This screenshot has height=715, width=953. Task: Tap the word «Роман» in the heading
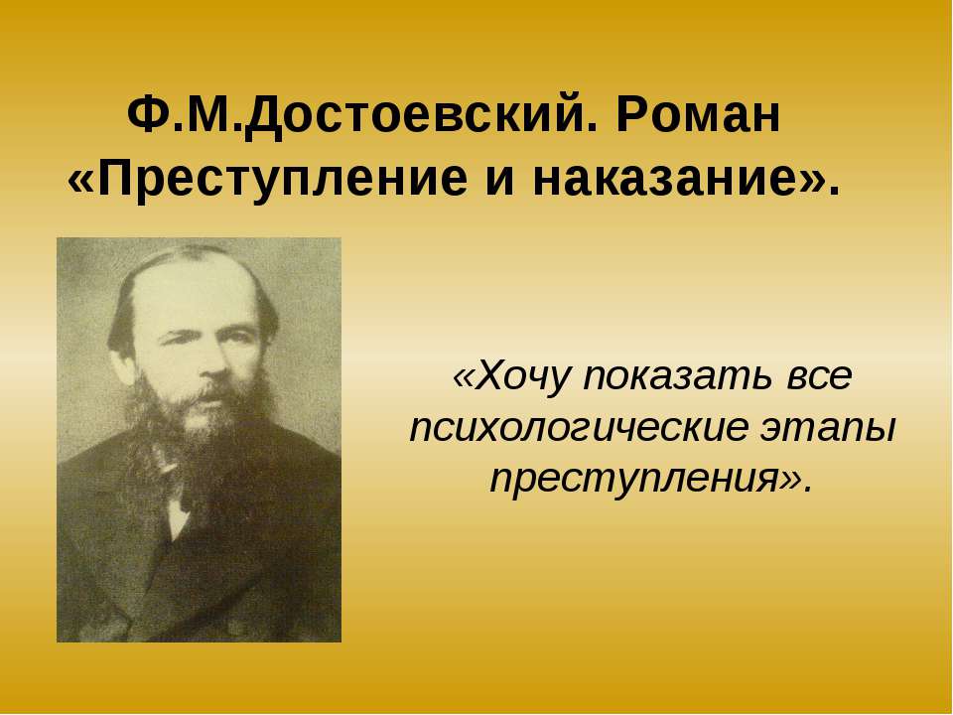click(x=698, y=115)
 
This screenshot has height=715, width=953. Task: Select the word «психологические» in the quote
click(x=579, y=429)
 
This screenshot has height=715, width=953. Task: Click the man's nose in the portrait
click(x=212, y=361)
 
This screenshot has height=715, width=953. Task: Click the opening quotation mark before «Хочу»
click(x=464, y=377)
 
